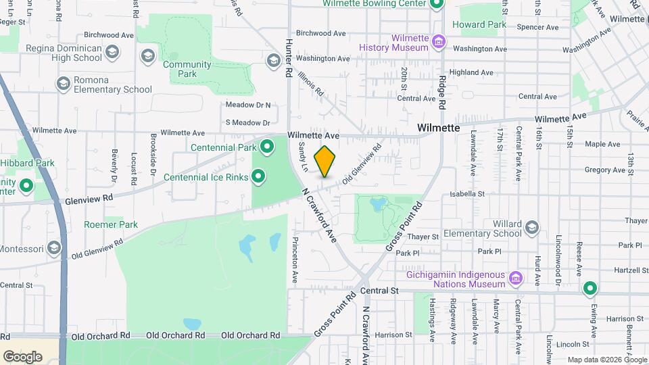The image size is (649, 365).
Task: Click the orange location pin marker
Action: coord(325,161)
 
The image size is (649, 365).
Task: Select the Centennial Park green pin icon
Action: coord(268,146)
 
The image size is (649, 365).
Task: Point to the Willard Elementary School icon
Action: coord(532,227)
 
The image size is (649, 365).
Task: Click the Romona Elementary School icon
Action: coord(64,84)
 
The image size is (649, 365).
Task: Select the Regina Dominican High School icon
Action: coord(112,52)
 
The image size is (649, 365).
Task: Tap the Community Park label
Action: coord(187,69)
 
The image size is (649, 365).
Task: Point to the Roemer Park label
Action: coord(111,224)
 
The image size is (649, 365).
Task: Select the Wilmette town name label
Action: coord(438,128)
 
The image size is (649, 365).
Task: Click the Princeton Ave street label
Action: coord(295,260)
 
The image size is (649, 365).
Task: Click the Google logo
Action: coord(22,356)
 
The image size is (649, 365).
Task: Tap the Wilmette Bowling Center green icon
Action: coord(436,3)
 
